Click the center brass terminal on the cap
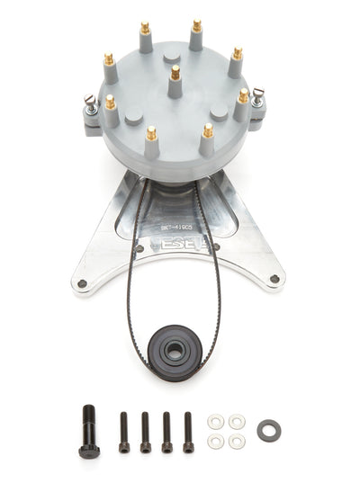tap(175, 73)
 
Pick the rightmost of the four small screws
tap(188, 431)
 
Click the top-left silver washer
tap(215, 421)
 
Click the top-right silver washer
tap(237, 421)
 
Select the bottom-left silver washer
tap(215, 441)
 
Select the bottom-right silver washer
tap(237, 441)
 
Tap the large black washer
tap(268, 431)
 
